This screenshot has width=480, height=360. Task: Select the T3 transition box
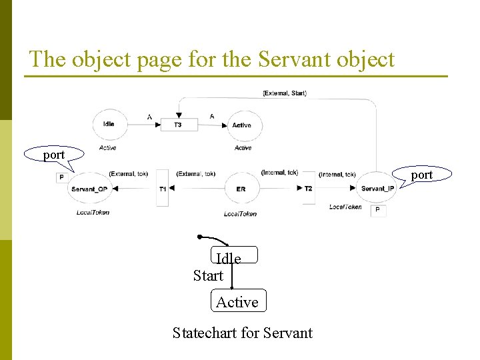pos(178,125)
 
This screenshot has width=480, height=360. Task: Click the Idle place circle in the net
pos(109,124)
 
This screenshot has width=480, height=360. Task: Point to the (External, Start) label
pos(285,93)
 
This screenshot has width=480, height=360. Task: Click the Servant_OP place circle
pos(89,189)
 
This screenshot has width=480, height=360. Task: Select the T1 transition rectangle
pos(163,189)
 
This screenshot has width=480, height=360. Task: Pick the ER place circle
pos(241,189)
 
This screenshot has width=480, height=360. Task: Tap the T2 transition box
pos(308,189)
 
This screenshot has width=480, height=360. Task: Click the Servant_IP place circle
pos(377,189)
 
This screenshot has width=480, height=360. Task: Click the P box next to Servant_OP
pos(61,177)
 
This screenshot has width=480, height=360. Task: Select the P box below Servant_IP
pos(377,210)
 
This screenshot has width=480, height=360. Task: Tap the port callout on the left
pos(54,155)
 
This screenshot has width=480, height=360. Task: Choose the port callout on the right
pos(422,175)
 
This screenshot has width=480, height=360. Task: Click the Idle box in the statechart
pos(233,255)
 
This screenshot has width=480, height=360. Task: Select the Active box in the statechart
pos(238,301)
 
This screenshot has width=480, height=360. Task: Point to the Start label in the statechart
pos(208,275)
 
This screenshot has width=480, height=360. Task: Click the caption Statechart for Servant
pos(242,332)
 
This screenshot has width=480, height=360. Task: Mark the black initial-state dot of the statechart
pos(199,237)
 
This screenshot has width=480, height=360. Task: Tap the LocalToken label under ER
pos(240,214)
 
